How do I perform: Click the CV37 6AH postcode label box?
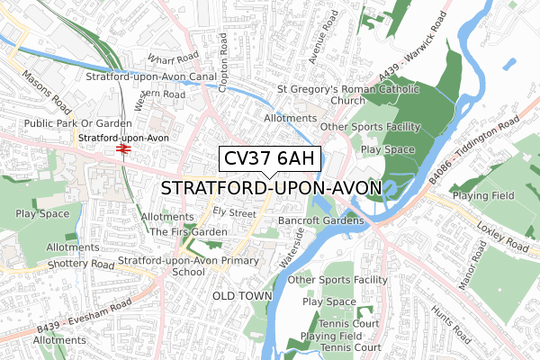[269, 159]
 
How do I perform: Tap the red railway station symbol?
[121, 150]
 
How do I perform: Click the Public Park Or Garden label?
[65, 123]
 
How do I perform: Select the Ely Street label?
[234, 212]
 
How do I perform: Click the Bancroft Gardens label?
[319, 220]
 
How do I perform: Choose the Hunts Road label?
[449, 325]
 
